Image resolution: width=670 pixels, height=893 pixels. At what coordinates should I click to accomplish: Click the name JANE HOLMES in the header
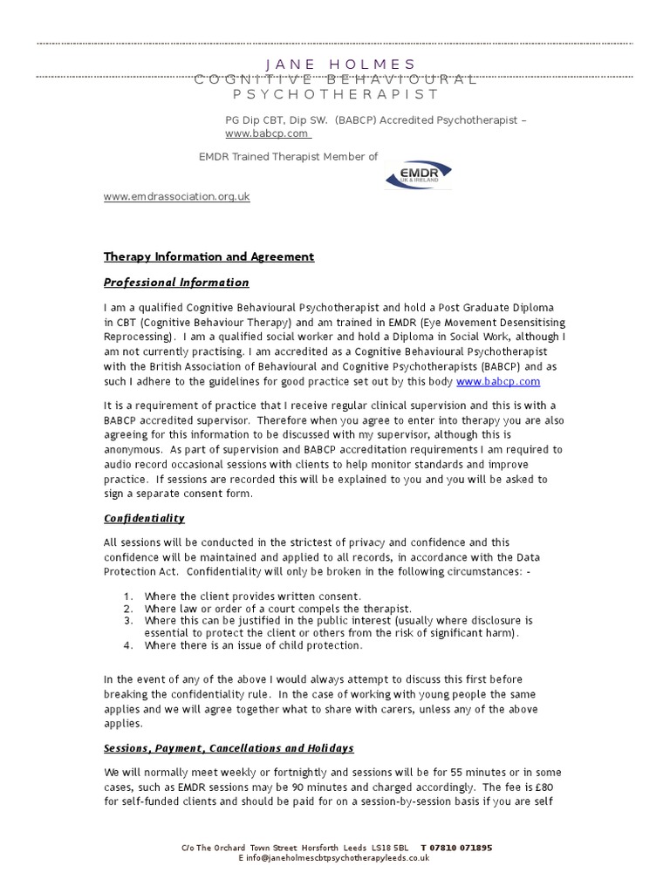(339, 65)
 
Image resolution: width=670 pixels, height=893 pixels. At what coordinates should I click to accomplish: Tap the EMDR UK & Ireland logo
(419, 173)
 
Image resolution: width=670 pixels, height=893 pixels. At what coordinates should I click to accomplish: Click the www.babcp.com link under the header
(267, 133)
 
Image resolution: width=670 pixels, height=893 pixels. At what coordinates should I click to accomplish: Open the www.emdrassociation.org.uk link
(177, 196)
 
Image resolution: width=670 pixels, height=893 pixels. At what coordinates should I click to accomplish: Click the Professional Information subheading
(176, 282)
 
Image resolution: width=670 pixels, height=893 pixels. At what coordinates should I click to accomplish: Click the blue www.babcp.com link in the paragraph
(497, 381)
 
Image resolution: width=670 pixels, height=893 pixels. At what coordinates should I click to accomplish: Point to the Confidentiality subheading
(144, 517)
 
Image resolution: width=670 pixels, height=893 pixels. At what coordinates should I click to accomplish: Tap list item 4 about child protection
(253, 645)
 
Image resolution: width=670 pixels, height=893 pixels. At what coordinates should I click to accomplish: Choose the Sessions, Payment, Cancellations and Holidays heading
(229, 748)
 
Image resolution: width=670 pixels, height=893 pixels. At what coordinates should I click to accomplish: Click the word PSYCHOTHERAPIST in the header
(335, 93)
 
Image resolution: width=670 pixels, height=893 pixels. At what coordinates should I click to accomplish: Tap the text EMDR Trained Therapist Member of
(289, 156)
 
